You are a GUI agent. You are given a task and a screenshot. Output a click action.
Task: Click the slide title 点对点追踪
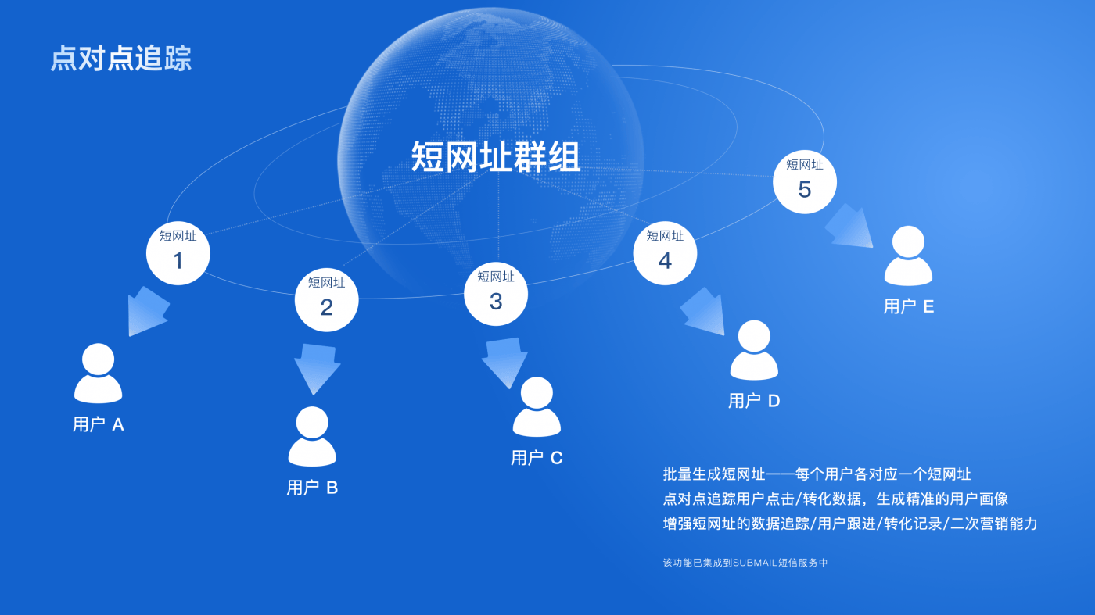[121, 59]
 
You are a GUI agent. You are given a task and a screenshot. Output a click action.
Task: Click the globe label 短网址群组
[496, 157]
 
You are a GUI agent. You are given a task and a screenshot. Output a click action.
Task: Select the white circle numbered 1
[178, 253]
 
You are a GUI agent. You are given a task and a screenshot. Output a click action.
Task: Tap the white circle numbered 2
[326, 300]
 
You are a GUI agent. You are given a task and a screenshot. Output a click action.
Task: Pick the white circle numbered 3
[496, 294]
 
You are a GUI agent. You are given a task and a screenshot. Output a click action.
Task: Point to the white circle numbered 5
[805, 182]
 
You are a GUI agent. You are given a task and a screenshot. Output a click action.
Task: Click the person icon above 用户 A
[99, 374]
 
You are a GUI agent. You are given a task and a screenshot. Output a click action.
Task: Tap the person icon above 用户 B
[312, 438]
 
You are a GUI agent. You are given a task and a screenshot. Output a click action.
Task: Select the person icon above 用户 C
[537, 407]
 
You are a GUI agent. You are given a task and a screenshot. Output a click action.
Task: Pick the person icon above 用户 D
[754, 351]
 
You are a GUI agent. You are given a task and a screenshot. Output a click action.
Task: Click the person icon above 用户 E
[908, 256]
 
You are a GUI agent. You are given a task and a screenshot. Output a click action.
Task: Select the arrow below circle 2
[318, 368]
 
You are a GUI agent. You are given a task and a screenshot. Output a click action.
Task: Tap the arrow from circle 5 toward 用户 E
[849, 227]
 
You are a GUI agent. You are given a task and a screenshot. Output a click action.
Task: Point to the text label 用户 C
[537, 458]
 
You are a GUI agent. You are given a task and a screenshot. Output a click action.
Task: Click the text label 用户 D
[754, 401]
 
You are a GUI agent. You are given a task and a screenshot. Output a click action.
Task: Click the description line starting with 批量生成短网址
[817, 474]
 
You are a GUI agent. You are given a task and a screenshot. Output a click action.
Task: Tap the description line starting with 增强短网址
[849, 524]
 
